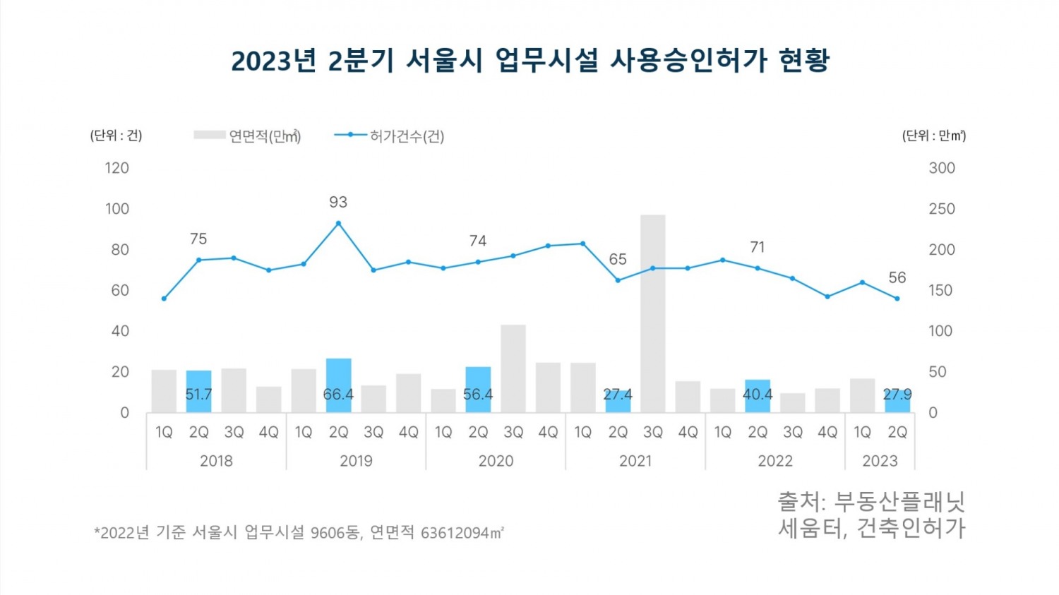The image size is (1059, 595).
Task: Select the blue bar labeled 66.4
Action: point(338,385)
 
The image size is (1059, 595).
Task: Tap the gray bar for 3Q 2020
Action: point(513,368)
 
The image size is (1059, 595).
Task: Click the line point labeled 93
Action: point(338,223)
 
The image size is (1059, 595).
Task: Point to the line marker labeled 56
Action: point(897,299)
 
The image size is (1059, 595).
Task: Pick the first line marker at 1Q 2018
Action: point(164,299)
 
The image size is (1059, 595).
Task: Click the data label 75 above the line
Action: point(198,239)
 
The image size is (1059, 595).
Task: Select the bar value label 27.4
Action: point(618,395)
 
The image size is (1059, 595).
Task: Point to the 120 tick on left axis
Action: point(117,168)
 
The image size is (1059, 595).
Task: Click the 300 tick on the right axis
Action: point(941,168)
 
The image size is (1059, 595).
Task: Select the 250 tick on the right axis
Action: point(941,209)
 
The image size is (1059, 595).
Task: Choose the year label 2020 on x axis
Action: point(496,461)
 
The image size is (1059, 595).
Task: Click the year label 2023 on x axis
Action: point(880,461)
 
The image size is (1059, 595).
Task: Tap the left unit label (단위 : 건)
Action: point(116,136)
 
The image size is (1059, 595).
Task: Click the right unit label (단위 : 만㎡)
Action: point(933,136)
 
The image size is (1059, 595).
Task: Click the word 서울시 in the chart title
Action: point(444,61)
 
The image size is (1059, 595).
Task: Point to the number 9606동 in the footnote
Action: point(336,532)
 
